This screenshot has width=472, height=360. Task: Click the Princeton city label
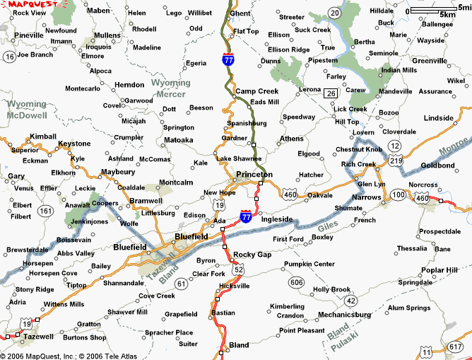254,174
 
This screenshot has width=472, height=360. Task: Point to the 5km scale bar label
447,14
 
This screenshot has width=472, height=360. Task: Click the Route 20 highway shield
334,13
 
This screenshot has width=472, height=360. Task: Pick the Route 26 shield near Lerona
331,93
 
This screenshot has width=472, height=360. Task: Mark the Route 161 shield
46,210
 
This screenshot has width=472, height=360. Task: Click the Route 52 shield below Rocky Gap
239,269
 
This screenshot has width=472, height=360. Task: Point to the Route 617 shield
456,347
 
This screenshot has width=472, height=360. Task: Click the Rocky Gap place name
252,255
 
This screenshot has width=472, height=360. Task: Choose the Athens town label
291,139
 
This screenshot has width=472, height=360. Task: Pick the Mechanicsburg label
345,314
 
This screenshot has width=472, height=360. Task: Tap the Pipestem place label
324,60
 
